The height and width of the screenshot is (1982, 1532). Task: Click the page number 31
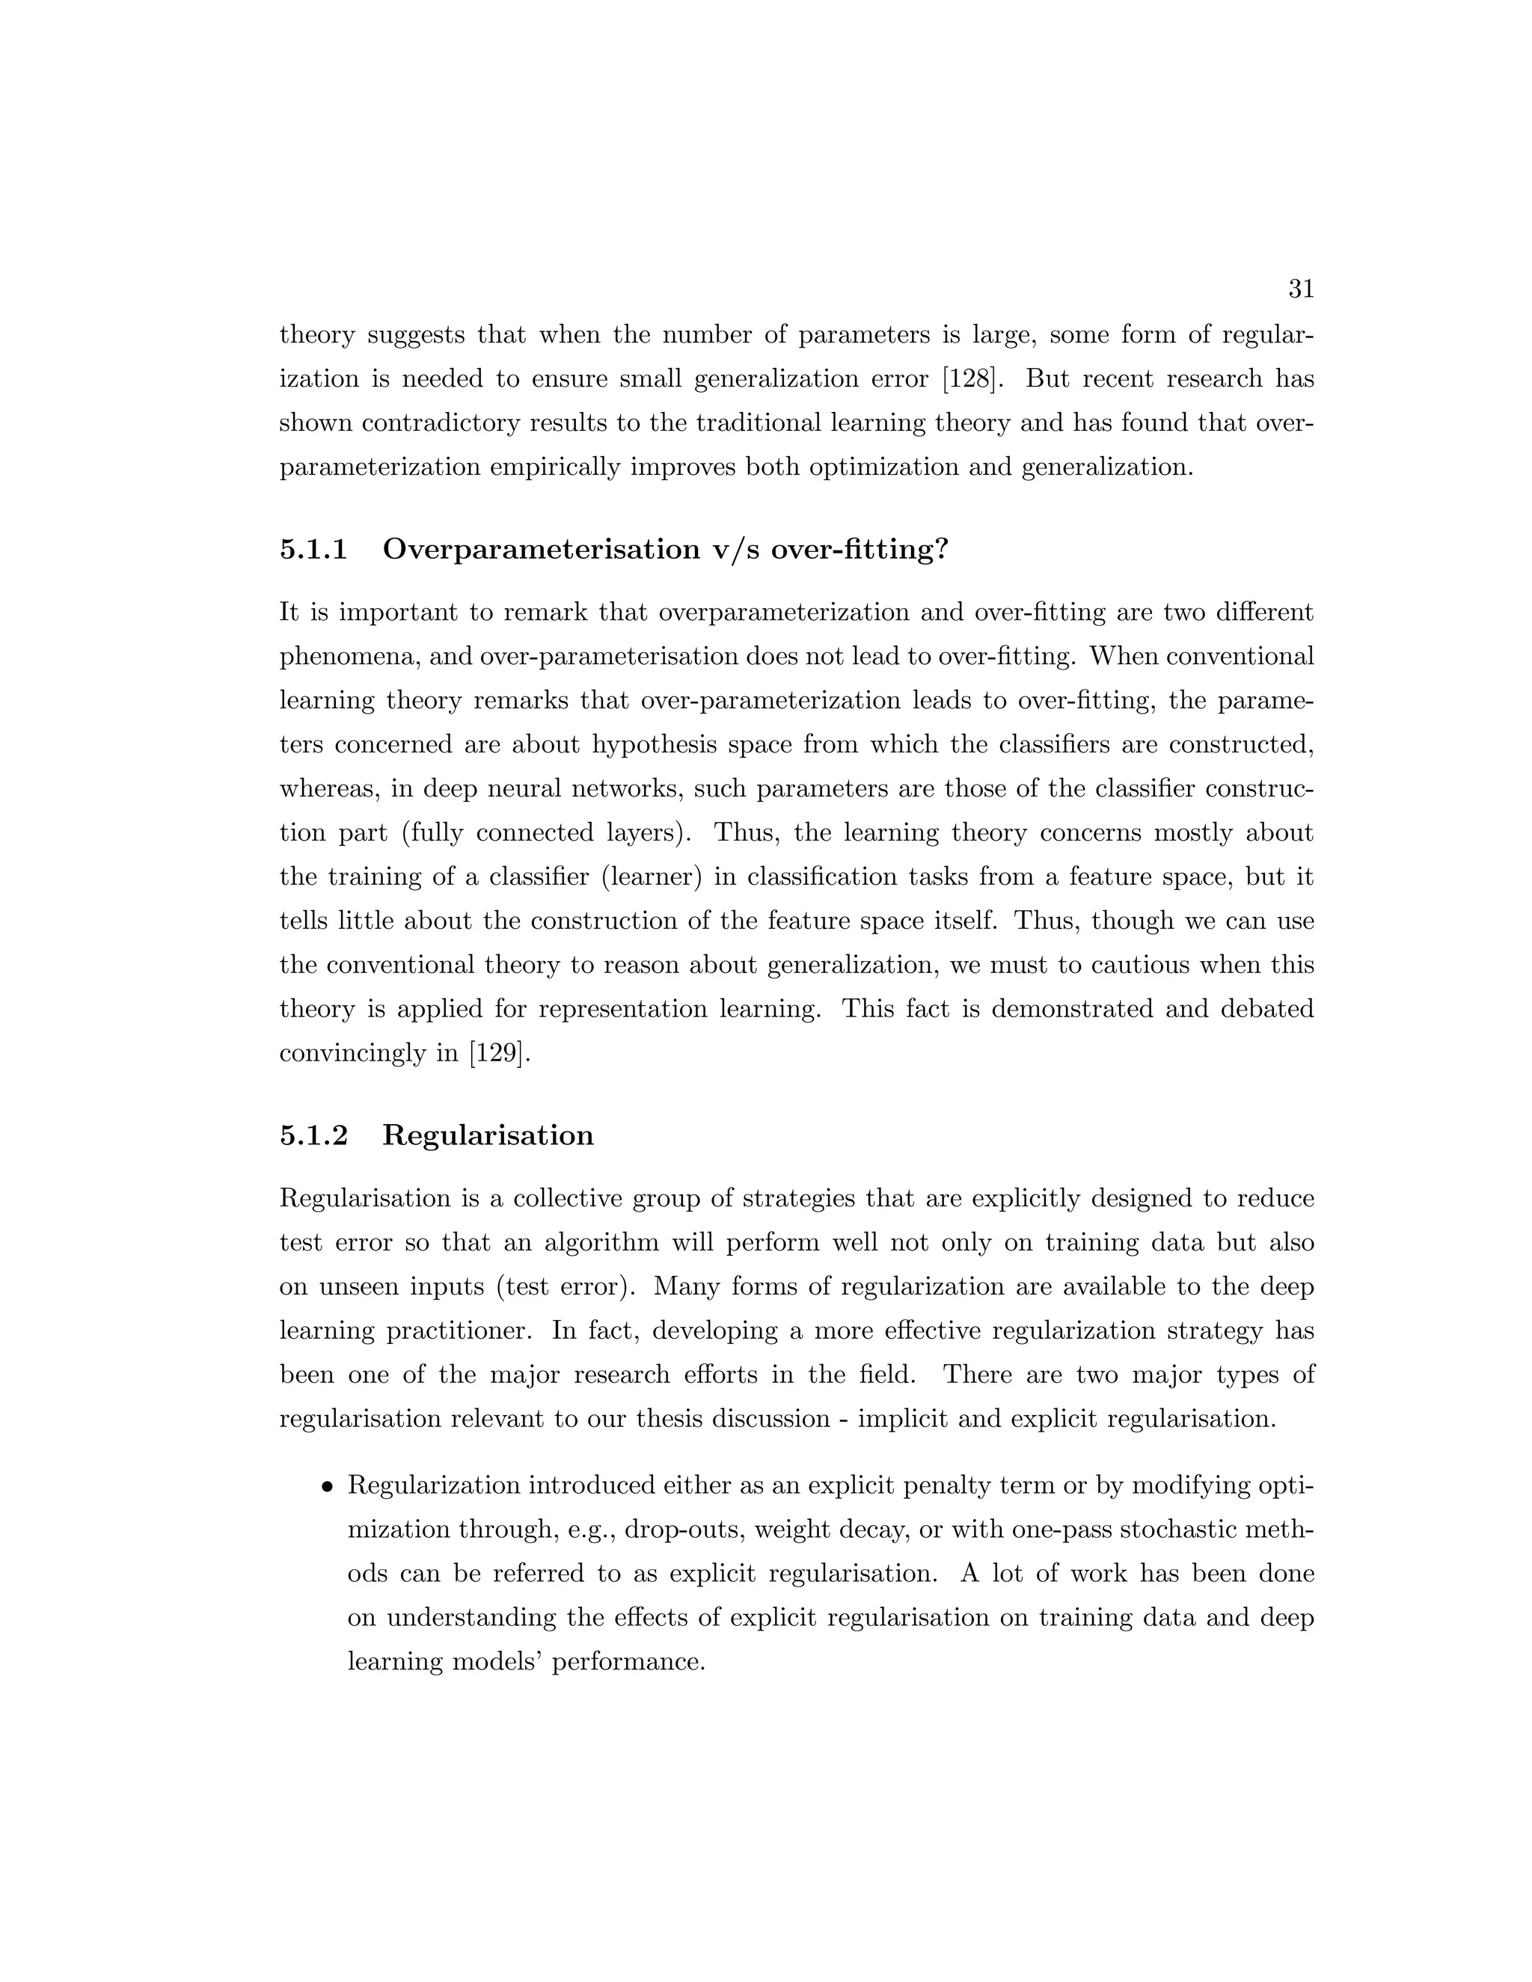click(x=1301, y=289)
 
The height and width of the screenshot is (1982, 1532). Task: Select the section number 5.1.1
click(x=314, y=549)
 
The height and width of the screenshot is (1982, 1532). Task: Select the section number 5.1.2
click(x=314, y=1135)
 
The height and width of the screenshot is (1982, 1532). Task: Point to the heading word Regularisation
click(x=488, y=1135)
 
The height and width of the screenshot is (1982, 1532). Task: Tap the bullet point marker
click(x=327, y=1488)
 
